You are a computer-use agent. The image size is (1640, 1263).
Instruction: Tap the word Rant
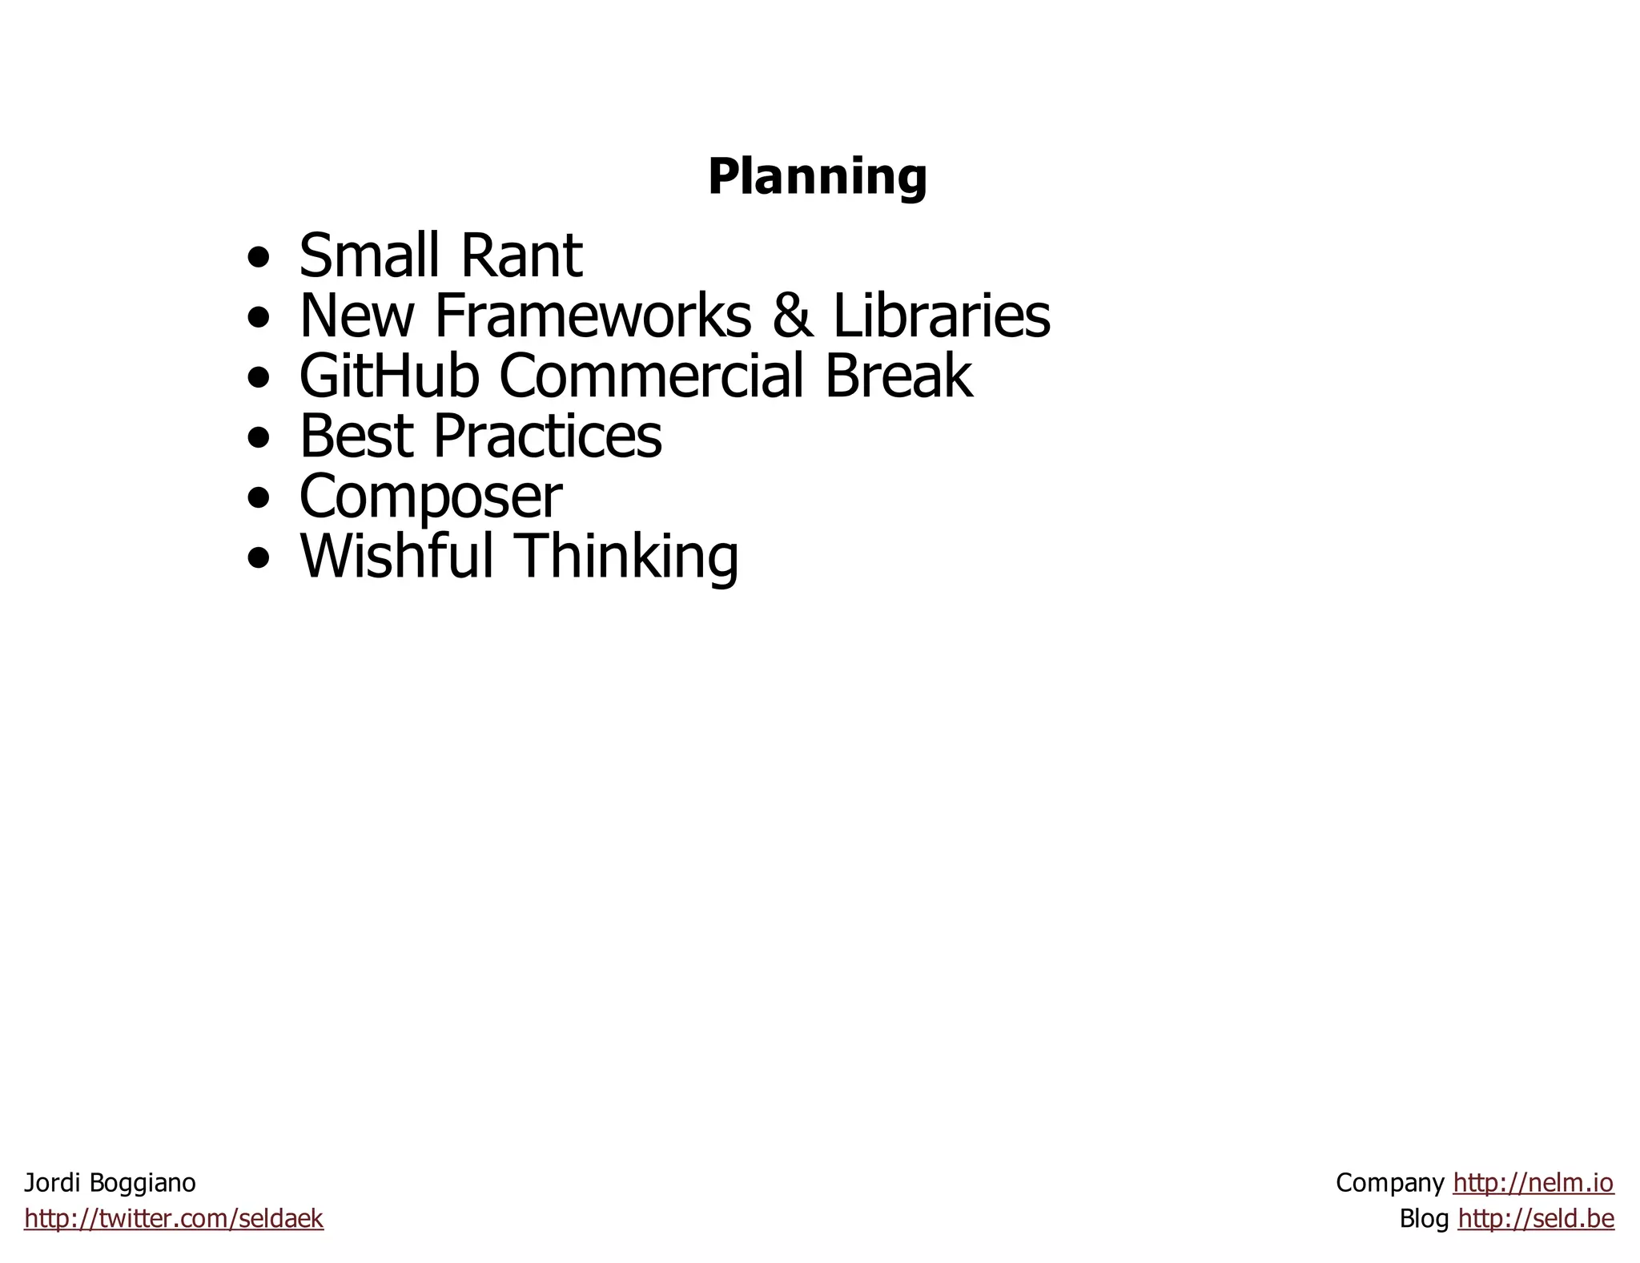point(521,256)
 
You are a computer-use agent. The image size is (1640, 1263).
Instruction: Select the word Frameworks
point(593,316)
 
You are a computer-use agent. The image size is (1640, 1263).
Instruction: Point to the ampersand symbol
point(792,316)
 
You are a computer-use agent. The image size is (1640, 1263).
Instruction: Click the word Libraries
point(941,316)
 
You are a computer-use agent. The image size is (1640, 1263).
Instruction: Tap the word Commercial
point(651,376)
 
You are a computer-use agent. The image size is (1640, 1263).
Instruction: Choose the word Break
point(898,376)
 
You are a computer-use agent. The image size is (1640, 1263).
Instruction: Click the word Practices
point(548,436)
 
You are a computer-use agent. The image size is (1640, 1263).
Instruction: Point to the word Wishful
point(396,556)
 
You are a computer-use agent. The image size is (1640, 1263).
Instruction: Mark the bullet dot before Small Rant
point(259,259)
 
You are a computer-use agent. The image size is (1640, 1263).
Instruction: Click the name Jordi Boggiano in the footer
point(110,1183)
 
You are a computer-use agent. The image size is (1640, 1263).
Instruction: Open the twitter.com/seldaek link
point(174,1219)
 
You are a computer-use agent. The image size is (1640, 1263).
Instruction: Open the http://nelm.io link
point(1533,1183)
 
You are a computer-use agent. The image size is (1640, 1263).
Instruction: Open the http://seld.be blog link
point(1536,1219)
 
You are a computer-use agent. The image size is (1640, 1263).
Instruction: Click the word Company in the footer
point(1389,1183)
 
